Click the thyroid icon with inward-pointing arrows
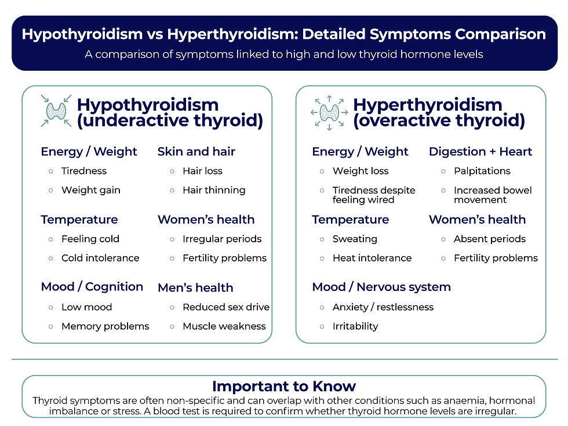[x=56, y=111]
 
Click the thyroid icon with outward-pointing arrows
[x=329, y=111]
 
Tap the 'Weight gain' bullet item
[x=90, y=190]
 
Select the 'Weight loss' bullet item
[x=360, y=171]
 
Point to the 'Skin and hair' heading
[x=196, y=152]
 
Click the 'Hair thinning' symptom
[x=213, y=190]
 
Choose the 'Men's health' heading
[x=195, y=288]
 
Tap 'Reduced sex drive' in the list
[x=225, y=307]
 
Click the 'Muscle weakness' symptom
[x=224, y=326]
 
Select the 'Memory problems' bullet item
[x=105, y=326]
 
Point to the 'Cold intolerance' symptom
[x=100, y=258]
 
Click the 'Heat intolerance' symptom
[x=372, y=258]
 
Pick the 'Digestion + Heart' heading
[x=480, y=152]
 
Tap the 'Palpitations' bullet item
[x=482, y=171]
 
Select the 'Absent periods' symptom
[x=489, y=239]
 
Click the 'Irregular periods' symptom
[x=221, y=239]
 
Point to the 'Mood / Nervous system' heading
[x=381, y=287]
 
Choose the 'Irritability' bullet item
[x=355, y=326]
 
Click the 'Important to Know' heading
[x=284, y=386]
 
